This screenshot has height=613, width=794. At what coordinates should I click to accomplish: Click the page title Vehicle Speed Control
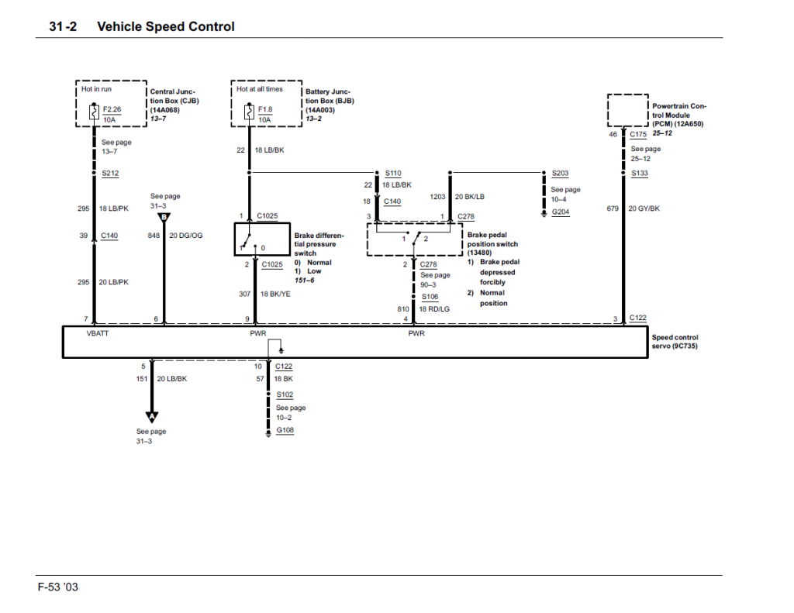click(165, 26)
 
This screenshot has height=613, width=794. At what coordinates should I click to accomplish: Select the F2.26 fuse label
click(112, 109)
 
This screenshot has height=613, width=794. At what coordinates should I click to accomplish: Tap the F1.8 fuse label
click(265, 109)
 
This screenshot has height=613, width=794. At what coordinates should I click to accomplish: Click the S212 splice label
click(110, 174)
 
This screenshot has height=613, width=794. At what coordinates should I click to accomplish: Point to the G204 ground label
click(561, 212)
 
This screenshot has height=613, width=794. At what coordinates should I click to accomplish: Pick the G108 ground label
click(285, 431)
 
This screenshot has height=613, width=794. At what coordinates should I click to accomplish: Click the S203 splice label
click(561, 174)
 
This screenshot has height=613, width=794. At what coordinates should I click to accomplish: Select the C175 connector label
click(638, 134)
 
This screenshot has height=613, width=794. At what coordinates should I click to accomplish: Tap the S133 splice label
click(640, 174)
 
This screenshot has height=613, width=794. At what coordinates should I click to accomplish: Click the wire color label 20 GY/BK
click(644, 208)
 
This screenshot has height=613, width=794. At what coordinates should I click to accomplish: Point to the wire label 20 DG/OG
click(186, 236)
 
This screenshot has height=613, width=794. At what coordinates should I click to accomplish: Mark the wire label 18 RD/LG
click(435, 309)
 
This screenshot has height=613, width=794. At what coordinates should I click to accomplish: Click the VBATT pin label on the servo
click(98, 334)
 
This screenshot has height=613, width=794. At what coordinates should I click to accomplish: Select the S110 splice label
click(393, 174)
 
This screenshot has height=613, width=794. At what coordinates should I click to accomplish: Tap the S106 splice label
click(430, 297)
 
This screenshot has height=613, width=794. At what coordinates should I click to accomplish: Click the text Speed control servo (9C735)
click(675, 342)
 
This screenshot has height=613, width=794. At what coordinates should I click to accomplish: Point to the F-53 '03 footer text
click(58, 587)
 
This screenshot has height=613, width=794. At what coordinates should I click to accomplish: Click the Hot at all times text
click(260, 89)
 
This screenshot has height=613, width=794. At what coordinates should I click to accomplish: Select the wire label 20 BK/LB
click(469, 197)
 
